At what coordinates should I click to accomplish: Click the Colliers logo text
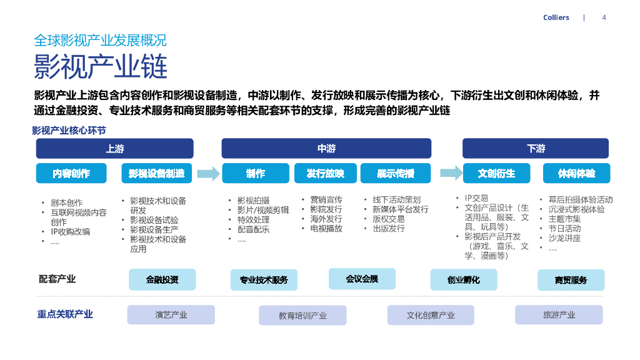click(x=556, y=17)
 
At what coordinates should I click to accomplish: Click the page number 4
click(x=604, y=17)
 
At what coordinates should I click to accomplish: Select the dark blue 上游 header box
click(x=114, y=148)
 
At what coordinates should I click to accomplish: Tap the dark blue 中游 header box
click(x=326, y=148)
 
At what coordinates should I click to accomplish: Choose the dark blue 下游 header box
click(x=536, y=148)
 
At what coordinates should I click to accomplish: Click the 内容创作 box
click(x=71, y=173)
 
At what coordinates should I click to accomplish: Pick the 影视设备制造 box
click(x=156, y=173)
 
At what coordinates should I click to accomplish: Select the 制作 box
click(x=255, y=173)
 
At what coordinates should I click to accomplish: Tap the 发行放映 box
click(x=325, y=173)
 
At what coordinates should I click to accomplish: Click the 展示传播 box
click(x=395, y=173)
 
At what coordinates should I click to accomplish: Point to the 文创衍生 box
click(x=496, y=173)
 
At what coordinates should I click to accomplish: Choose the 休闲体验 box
click(x=576, y=173)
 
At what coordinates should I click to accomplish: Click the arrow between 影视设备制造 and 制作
click(x=208, y=173)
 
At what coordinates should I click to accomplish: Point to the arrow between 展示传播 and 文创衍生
click(x=451, y=172)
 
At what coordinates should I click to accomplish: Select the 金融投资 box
click(x=162, y=279)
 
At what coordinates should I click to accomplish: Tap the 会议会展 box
click(x=362, y=279)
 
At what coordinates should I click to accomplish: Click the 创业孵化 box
click(x=463, y=279)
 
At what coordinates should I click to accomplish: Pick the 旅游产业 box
click(x=559, y=315)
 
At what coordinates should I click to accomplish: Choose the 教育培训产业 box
click(x=302, y=316)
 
